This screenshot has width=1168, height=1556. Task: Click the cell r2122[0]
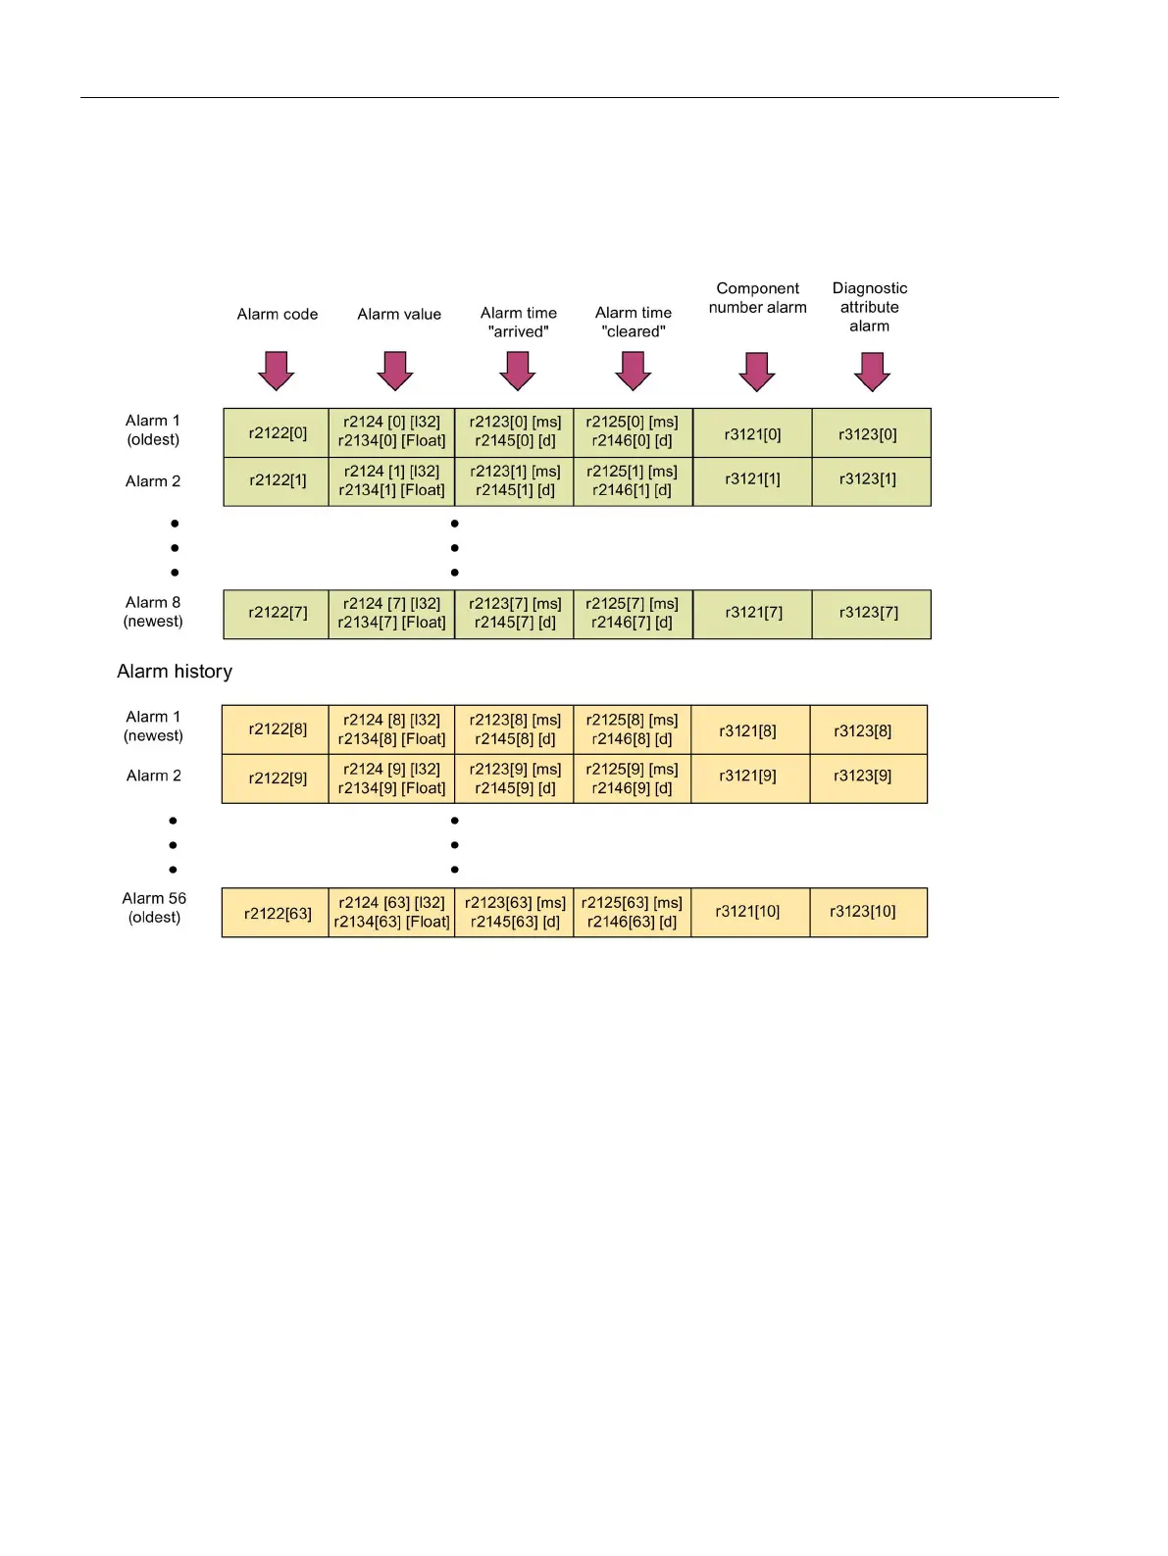point(277,432)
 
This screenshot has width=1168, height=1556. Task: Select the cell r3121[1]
point(752,480)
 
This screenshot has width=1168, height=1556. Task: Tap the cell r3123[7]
point(870,614)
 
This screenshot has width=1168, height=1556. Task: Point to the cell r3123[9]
point(868,778)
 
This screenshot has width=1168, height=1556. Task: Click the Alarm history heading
point(175,672)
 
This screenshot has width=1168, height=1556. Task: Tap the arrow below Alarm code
point(277,371)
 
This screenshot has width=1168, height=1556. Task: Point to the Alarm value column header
point(399,315)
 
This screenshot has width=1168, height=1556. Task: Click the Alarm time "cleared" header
point(634,322)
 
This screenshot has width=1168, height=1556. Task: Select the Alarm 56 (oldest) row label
point(154,908)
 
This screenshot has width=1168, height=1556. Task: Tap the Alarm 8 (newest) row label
point(153,612)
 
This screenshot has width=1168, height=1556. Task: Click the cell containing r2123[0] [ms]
point(514,432)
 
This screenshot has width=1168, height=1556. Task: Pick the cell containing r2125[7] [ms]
point(633,614)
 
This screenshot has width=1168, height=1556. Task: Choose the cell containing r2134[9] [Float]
point(391,778)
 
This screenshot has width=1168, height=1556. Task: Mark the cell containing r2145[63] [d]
point(514,913)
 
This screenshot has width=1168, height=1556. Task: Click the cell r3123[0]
point(870,433)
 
